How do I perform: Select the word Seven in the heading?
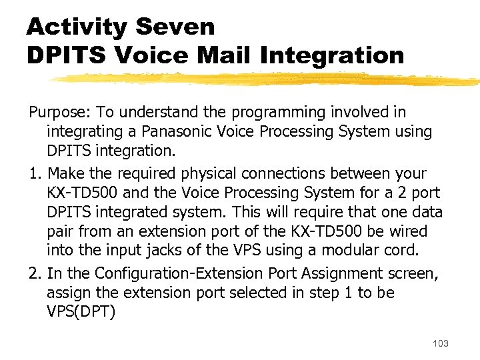click(175, 28)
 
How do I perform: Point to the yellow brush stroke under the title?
click(267, 79)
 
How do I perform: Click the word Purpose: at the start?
click(55, 113)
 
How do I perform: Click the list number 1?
click(34, 173)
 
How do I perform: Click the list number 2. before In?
click(34, 273)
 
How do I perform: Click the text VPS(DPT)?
click(81, 312)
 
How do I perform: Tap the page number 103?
click(441, 343)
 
